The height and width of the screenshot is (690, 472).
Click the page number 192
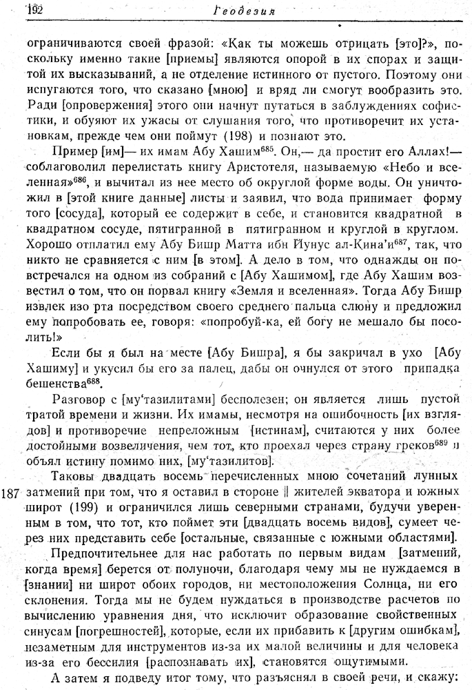click(34, 10)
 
